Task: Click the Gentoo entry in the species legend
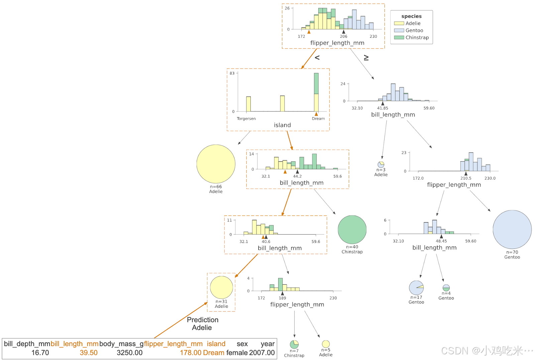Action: (x=414, y=30)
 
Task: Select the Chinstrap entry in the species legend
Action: (x=417, y=37)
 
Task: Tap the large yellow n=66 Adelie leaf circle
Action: (x=216, y=164)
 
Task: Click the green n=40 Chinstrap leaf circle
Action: (x=352, y=230)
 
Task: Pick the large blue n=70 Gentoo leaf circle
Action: (x=512, y=230)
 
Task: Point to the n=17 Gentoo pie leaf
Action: (x=416, y=288)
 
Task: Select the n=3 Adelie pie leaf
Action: (x=381, y=165)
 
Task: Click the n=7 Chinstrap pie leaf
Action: (x=294, y=344)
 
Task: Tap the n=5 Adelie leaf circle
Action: (x=326, y=344)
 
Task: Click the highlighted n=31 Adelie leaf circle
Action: (x=221, y=287)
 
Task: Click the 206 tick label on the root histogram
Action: (x=343, y=36)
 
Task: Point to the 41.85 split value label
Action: (x=383, y=108)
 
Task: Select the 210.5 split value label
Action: (x=466, y=178)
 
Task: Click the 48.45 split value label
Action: (x=441, y=241)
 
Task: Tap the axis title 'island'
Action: (x=282, y=125)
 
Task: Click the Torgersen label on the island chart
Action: (x=246, y=119)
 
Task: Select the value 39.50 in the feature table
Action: (x=89, y=353)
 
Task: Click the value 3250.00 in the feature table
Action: (x=129, y=353)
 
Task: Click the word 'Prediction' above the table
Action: (x=203, y=320)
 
